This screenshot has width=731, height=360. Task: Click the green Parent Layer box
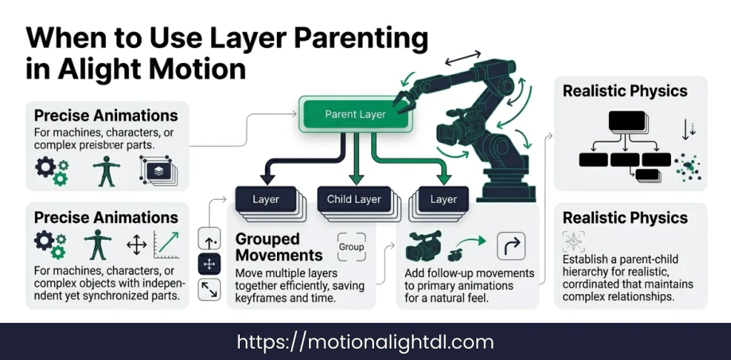point(355,114)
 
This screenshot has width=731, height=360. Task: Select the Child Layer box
point(354,199)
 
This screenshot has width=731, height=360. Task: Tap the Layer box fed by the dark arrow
point(266,199)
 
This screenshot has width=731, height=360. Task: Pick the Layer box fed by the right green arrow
point(443,199)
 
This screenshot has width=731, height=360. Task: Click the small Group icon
point(351,247)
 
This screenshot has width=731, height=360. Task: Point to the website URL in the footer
point(365,341)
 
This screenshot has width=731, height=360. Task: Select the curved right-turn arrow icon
point(510,246)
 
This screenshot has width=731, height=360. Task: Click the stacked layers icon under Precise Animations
point(158,170)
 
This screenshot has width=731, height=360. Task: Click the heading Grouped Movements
point(278,247)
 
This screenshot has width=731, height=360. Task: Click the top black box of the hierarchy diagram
point(627,121)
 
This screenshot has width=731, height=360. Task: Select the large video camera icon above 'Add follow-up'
point(423,246)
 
